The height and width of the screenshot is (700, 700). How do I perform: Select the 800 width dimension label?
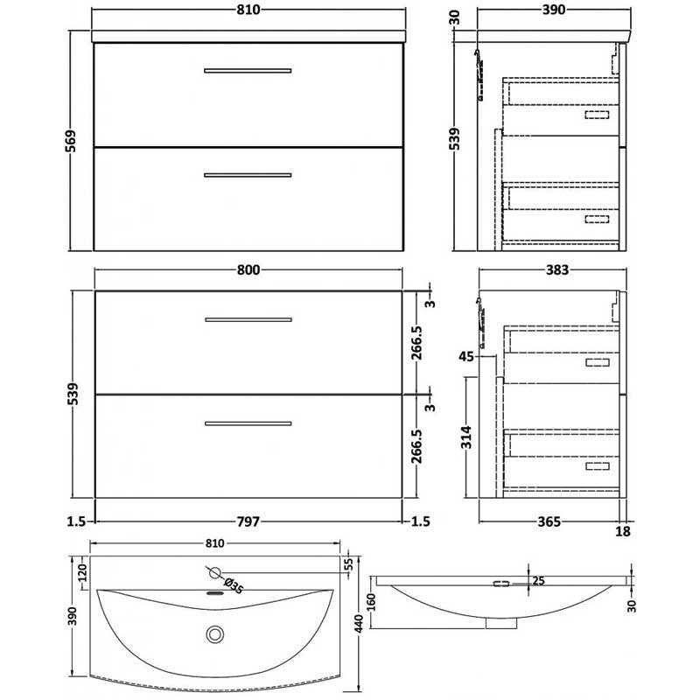coord(248,270)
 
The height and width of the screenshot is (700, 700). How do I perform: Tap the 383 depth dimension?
coord(552,270)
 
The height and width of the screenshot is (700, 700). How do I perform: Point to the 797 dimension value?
coord(248,521)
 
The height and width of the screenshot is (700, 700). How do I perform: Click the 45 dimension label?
coord(466,355)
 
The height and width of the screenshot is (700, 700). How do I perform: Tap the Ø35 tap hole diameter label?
coord(232,585)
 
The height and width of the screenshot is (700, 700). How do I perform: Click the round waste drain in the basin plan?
coord(213,633)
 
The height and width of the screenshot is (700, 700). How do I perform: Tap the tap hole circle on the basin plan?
coord(213,573)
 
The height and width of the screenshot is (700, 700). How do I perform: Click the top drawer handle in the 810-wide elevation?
coord(248,70)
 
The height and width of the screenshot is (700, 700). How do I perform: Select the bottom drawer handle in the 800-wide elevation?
coord(248,423)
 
